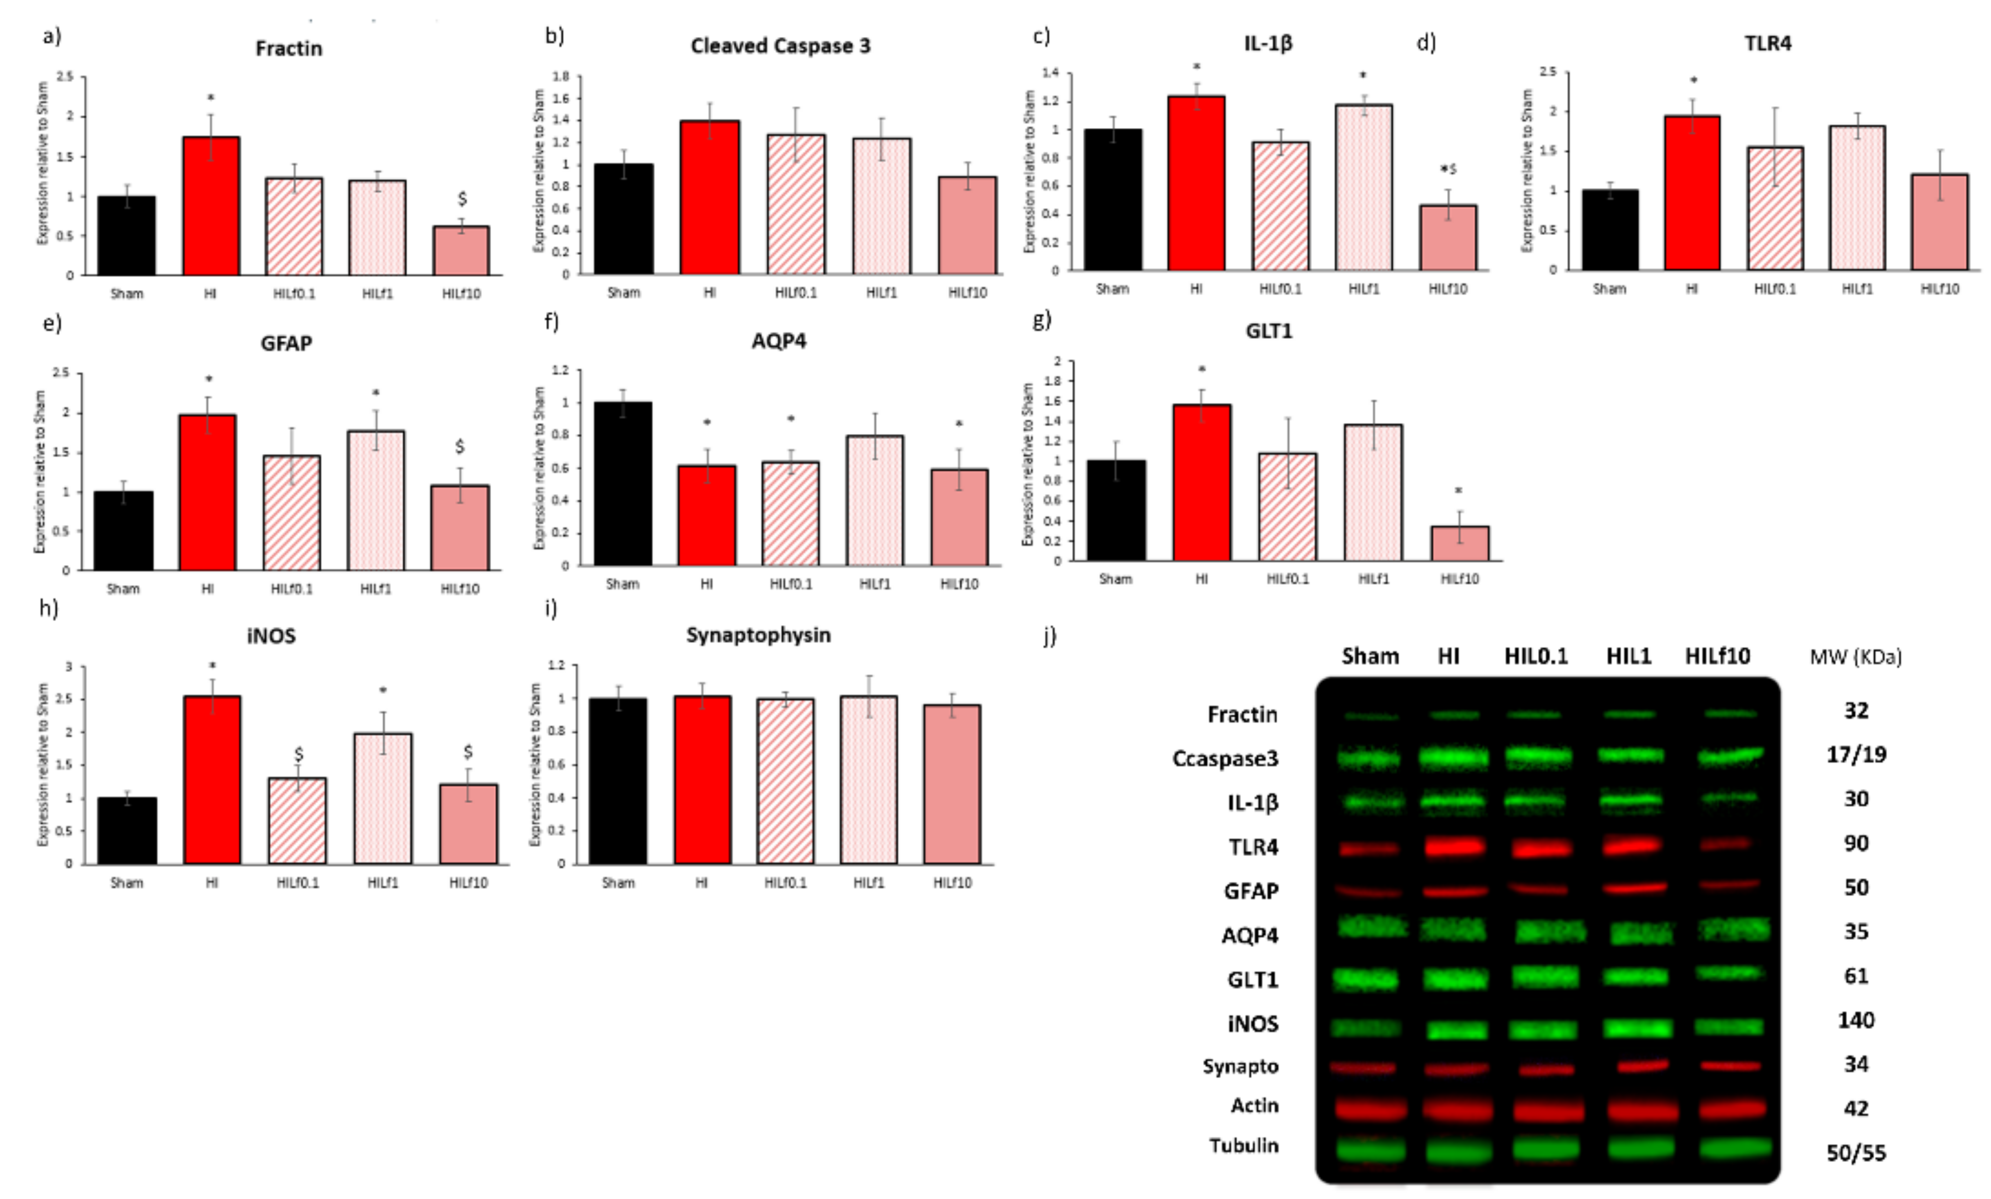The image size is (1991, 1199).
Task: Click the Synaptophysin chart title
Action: (x=758, y=635)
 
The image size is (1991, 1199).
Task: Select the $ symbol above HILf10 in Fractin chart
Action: (x=462, y=198)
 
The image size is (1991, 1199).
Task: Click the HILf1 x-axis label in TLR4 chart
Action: (x=1857, y=288)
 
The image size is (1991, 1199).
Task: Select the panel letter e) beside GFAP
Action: (x=52, y=323)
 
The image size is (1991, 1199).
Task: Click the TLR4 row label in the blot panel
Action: (x=1253, y=847)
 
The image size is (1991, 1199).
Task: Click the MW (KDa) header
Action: (x=1855, y=657)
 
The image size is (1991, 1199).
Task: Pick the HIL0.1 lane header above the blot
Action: (x=1535, y=656)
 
